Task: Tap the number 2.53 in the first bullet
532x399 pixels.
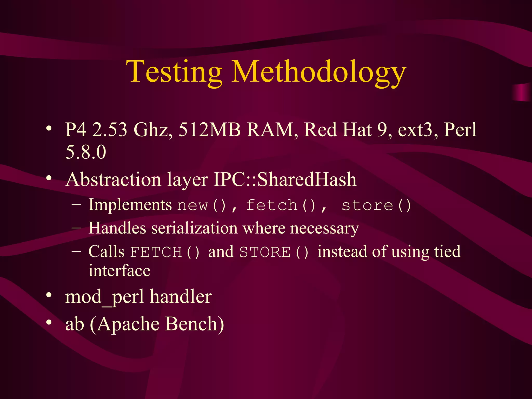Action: coord(110,130)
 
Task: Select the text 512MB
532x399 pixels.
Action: coord(209,130)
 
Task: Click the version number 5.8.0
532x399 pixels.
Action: coord(86,152)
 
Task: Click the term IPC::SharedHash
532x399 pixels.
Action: coord(285,179)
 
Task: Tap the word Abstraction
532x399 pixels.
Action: coord(113,179)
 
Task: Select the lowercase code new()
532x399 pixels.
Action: coord(202,205)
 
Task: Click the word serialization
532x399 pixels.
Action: coord(194,228)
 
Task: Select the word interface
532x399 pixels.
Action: coord(119,271)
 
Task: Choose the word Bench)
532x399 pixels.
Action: coord(194,324)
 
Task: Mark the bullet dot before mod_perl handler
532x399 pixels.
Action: coord(49,295)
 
